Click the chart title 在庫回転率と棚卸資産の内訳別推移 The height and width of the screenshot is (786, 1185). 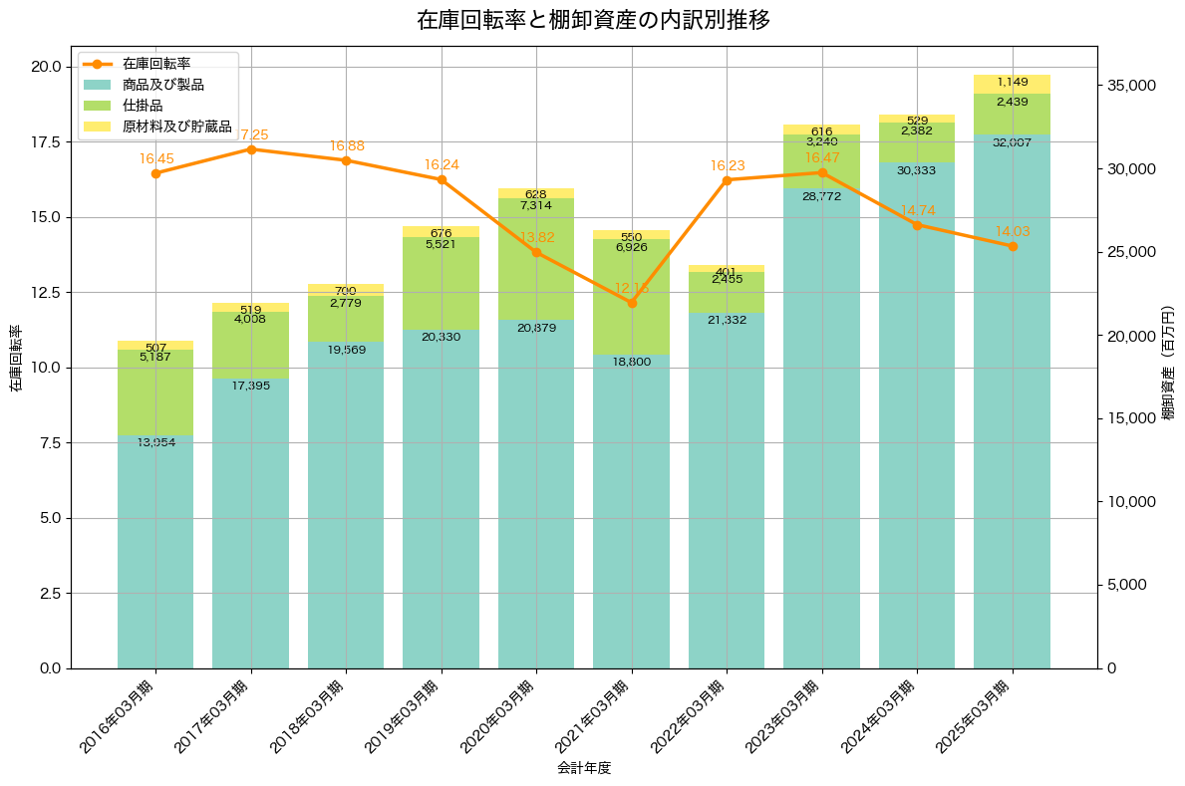click(x=592, y=20)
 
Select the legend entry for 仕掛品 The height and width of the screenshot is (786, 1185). click(x=143, y=106)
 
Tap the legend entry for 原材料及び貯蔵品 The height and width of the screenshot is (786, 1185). click(x=176, y=127)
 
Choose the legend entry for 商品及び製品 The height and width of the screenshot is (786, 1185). click(x=162, y=85)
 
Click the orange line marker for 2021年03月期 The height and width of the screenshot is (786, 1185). click(x=632, y=303)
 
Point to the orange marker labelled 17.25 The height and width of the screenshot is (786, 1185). click(x=251, y=149)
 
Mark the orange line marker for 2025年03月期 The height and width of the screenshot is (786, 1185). click(x=1013, y=246)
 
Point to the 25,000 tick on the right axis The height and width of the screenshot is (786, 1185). click(x=1133, y=252)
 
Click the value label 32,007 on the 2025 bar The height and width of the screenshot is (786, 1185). click(x=1013, y=143)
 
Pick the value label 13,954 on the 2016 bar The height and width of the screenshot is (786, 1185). click(x=155, y=442)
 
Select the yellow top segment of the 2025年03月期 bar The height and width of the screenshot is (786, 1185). click(x=1013, y=84)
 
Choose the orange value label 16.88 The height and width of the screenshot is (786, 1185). click(x=347, y=146)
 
